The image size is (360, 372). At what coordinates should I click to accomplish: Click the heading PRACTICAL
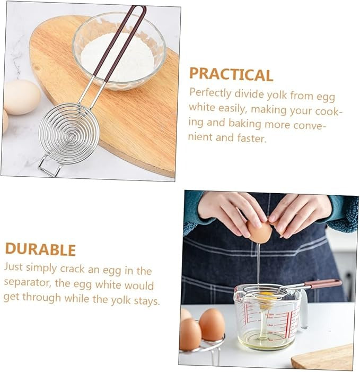coord(231,74)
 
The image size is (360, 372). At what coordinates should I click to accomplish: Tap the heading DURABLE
coord(40,249)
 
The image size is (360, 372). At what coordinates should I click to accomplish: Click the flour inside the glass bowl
coord(117,58)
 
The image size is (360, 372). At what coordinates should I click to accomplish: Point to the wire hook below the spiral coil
coord(50,166)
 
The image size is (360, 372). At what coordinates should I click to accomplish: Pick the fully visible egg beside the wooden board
coord(22,97)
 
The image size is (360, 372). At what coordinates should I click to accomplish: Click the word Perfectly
coord(210,93)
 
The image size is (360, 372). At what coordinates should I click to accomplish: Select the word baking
coord(244,123)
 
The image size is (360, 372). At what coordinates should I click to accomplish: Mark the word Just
coord(13,267)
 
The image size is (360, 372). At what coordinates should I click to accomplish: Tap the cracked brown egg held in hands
coord(259,231)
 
